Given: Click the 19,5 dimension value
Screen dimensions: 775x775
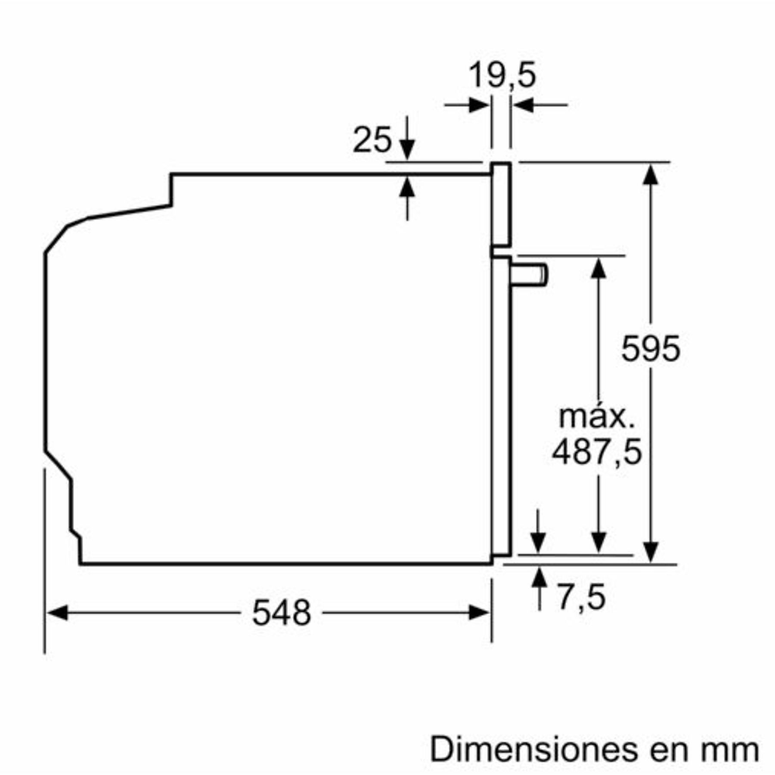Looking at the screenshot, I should click(502, 75).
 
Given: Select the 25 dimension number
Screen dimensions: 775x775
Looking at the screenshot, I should click(372, 140).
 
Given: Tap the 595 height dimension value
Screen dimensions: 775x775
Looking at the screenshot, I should click(651, 348).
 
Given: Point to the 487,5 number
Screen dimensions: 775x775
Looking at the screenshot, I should click(597, 452).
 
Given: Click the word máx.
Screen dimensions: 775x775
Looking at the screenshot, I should click(597, 416).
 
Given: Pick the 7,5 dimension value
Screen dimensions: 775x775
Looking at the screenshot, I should click(582, 597).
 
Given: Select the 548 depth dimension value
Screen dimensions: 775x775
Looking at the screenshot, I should click(281, 613).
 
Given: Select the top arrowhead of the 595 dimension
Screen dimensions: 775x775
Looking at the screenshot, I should click(651, 174).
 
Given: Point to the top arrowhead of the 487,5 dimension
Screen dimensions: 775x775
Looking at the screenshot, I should click(598, 268).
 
